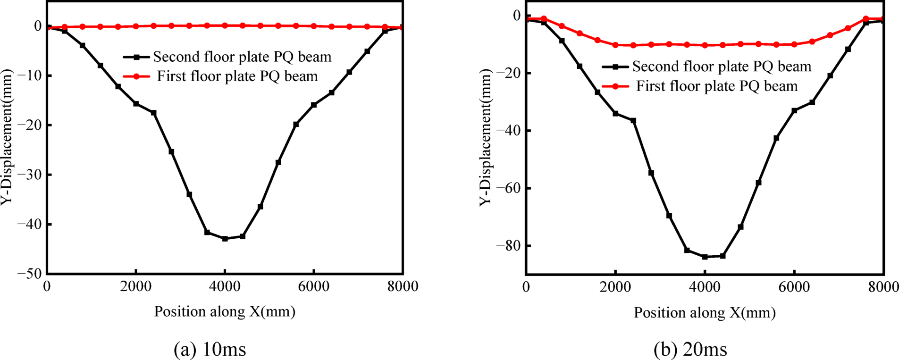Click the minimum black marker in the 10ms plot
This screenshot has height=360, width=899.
(225, 239)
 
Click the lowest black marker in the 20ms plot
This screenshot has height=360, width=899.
(705, 257)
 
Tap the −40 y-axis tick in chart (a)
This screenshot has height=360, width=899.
(29, 224)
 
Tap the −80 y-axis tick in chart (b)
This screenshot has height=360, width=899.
(507, 246)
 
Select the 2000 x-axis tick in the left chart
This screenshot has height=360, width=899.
(136, 286)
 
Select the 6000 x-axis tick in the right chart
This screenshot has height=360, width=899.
(794, 287)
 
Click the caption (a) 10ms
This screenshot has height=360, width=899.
(210, 350)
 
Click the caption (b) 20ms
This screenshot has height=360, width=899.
(690, 350)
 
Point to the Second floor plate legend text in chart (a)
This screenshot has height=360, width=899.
(242, 57)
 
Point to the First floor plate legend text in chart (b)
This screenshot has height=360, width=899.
(717, 86)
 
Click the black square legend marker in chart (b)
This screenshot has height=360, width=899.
(615, 67)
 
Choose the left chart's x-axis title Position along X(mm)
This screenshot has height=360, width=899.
(225, 311)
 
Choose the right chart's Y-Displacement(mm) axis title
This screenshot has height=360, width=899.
(486, 137)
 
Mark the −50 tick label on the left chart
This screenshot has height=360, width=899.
(29, 274)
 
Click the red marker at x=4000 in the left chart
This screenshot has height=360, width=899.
(225, 25)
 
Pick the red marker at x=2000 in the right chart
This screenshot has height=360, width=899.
(615, 45)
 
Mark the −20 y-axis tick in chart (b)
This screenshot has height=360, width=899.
(507, 73)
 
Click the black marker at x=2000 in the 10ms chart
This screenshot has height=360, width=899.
(136, 104)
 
